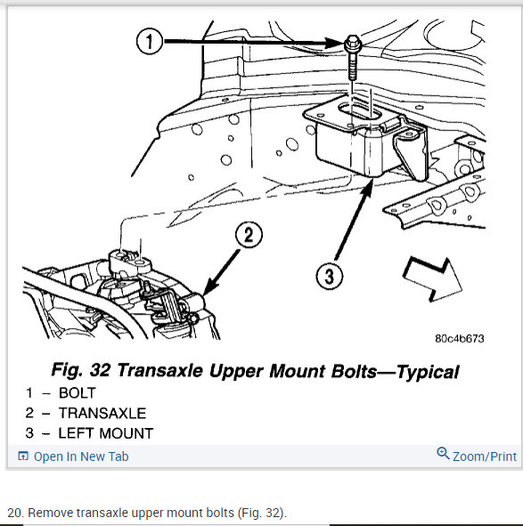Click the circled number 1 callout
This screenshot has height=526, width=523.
pyautogui.click(x=150, y=41)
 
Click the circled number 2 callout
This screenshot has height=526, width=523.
pyautogui.click(x=249, y=234)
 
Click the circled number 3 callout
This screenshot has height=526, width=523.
pyautogui.click(x=330, y=276)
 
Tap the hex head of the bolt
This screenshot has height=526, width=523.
pyautogui.click(x=352, y=44)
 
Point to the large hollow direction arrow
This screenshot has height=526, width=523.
pyautogui.click(x=432, y=279)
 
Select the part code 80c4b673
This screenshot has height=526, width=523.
pyautogui.click(x=460, y=339)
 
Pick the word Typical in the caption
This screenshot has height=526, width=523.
pyautogui.click(x=428, y=372)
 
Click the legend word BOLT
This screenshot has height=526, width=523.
pyautogui.click(x=78, y=393)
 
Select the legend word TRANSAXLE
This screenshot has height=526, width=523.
pyautogui.click(x=102, y=413)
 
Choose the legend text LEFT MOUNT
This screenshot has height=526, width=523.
pyautogui.click(x=106, y=433)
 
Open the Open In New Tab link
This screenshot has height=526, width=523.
pyautogui.click(x=81, y=456)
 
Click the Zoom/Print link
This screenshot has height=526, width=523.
pyautogui.click(x=485, y=456)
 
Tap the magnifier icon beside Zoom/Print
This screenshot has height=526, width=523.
pyautogui.click(x=443, y=453)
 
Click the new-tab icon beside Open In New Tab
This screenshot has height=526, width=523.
pyautogui.click(x=23, y=456)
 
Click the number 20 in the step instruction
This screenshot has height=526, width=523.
pyautogui.click(x=14, y=513)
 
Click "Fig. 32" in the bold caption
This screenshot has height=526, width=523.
pyautogui.click(x=81, y=370)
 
